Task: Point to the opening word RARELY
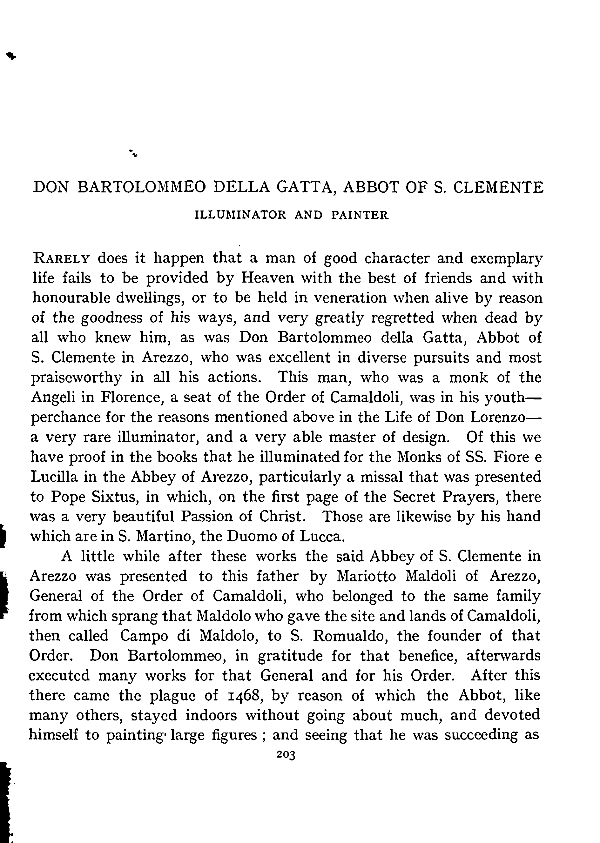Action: click(x=61, y=258)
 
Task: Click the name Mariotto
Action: click(x=366, y=576)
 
